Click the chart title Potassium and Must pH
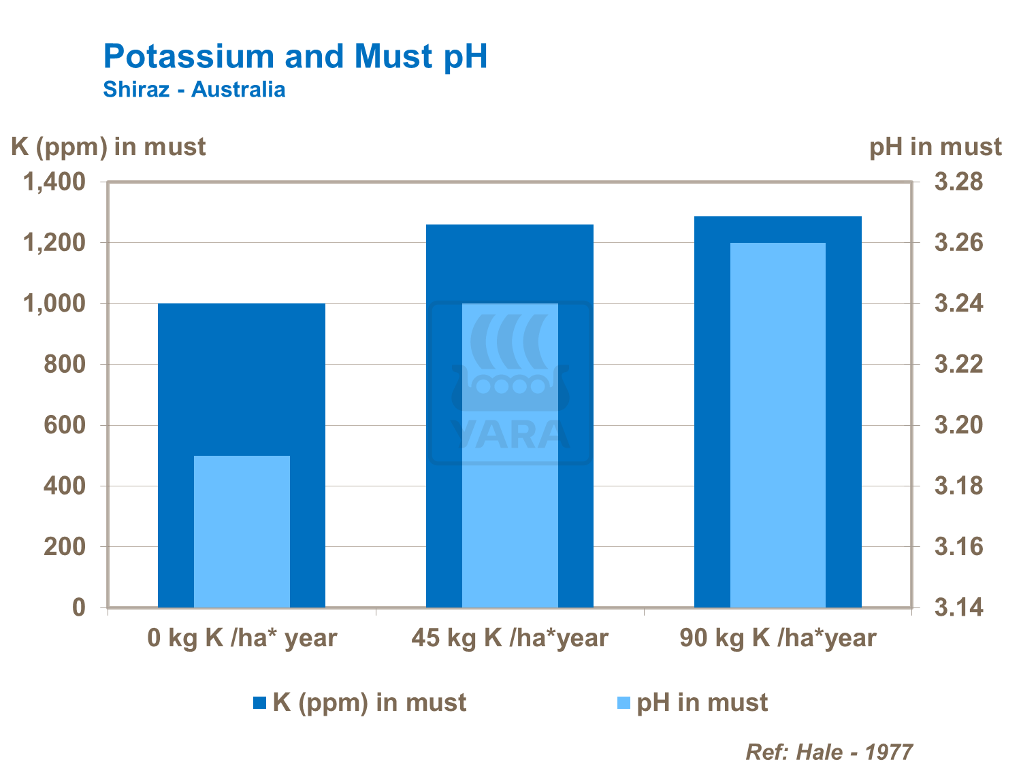(x=295, y=56)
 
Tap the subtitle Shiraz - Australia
(x=194, y=90)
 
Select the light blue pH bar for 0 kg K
(x=242, y=531)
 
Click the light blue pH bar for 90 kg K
(x=777, y=424)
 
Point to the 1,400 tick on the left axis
(x=55, y=182)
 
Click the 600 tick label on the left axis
(x=65, y=425)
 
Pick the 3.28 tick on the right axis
(x=958, y=182)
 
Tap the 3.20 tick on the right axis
(x=958, y=425)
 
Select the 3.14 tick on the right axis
(x=958, y=607)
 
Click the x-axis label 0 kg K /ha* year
(x=242, y=638)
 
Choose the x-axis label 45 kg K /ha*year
(x=509, y=638)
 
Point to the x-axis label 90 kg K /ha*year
(x=777, y=638)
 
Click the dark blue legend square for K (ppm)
(x=259, y=703)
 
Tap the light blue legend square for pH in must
(x=623, y=703)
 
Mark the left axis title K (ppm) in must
(x=108, y=147)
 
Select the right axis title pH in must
(x=935, y=147)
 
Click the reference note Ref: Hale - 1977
(x=829, y=752)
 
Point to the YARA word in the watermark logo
(x=510, y=435)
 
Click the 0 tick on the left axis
(x=79, y=607)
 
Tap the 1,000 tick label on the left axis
(x=55, y=303)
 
